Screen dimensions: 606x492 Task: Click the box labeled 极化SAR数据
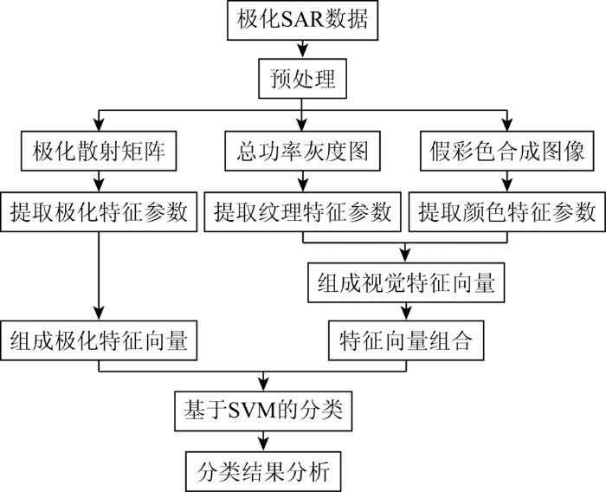[302, 20]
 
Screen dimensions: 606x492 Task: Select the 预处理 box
[302, 79]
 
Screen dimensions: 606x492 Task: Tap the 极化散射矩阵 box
[99, 151]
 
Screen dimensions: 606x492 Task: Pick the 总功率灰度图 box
[302, 151]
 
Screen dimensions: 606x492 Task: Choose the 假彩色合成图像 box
[506, 151]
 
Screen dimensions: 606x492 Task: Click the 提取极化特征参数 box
[99, 211]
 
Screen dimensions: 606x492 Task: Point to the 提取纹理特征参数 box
[302, 211]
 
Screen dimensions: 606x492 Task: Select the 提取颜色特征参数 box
[507, 211]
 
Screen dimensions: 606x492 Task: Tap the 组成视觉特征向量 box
[406, 282]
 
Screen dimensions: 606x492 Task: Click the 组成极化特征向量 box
[99, 340]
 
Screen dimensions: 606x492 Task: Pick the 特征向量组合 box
[406, 340]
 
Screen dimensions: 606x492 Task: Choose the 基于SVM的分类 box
[263, 411]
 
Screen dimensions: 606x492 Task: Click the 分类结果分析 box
[263, 471]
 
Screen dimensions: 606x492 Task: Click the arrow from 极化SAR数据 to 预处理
[302, 49]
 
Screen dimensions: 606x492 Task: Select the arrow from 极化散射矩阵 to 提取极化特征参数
[99, 181]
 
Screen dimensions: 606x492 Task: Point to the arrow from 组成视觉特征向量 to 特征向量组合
[406, 311]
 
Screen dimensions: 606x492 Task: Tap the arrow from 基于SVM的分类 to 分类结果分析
[263, 442]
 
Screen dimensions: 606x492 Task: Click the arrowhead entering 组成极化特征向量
[99, 314]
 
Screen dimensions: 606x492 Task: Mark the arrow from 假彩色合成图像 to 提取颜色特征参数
[507, 181]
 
